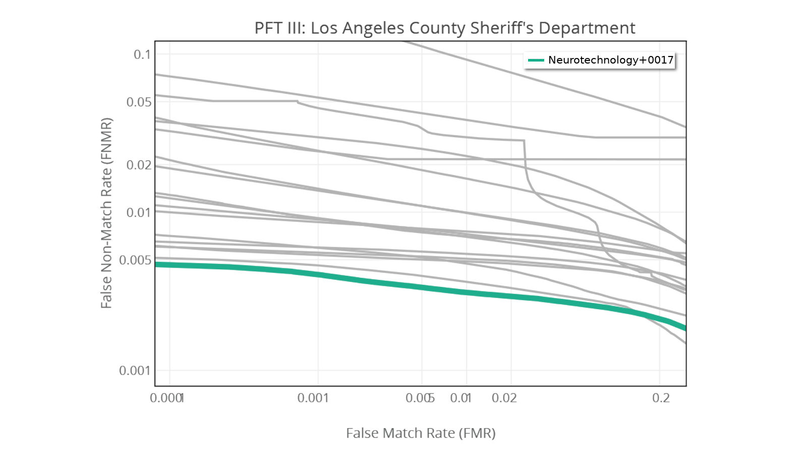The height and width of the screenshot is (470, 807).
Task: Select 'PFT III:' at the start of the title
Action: click(280, 28)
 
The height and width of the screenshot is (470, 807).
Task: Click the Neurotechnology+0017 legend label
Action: click(610, 60)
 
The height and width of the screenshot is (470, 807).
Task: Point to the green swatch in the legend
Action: click(536, 60)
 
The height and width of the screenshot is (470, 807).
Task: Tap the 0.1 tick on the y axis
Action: click(142, 54)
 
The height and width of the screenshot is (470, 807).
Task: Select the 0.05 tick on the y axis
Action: click(139, 102)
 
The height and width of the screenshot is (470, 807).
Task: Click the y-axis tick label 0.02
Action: click(139, 165)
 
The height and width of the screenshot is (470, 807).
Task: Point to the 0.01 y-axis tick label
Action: click(139, 213)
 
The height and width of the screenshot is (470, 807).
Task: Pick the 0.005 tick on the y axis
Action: click(135, 260)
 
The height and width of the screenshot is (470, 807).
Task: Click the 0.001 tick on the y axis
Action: click(135, 371)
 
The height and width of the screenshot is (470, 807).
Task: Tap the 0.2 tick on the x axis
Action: click(661, 398)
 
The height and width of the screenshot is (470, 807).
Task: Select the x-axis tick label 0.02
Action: click(504, 398)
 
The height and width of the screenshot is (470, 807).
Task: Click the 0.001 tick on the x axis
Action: click(313, 398)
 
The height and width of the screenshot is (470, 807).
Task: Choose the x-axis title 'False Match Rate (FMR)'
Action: click(421, 433)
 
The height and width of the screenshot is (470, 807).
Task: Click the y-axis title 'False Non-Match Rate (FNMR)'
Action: click(106, 213)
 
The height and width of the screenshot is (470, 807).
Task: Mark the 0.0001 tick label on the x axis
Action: click(166, 398)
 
